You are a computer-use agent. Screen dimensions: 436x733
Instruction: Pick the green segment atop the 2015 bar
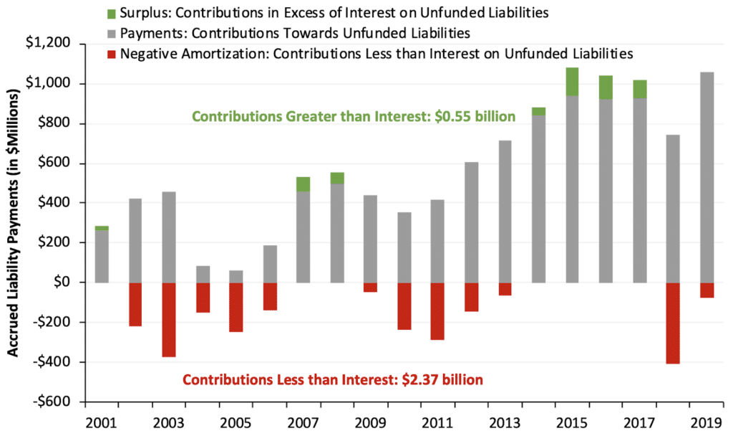572,82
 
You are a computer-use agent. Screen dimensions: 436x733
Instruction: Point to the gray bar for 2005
237,276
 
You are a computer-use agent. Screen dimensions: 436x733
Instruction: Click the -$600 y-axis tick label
58,402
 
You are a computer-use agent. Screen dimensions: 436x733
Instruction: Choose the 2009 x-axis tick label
371,421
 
